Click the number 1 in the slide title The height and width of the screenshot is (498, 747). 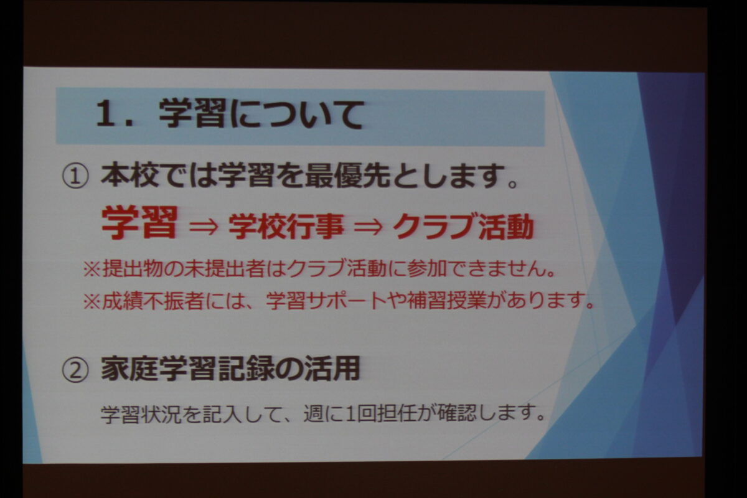[x=106, y=114]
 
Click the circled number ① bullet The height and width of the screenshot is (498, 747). [x=75, y=177]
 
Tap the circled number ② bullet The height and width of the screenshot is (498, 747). [x=75, y=370]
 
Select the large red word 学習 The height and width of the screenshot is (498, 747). [x=139, y=222]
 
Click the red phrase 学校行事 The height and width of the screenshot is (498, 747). [x=286, y=227]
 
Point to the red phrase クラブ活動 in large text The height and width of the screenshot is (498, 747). [x=464, y=227]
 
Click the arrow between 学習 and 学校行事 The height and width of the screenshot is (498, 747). [x=204, y=227]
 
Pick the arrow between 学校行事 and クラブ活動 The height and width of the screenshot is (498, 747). [x=368, y=227]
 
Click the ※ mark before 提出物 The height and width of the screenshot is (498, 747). [x=92, y=269]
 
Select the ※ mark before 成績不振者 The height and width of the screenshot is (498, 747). [x=92, y=301]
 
